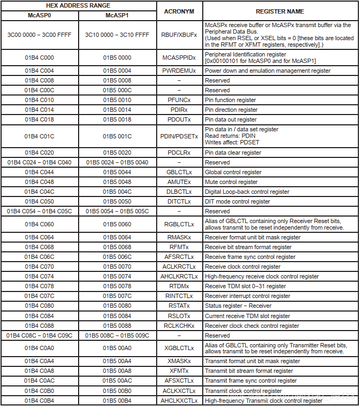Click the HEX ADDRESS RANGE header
(78, 5)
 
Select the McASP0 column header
(39, 16)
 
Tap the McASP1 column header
(117, 16)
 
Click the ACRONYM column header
(179, 11)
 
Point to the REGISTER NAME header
(280, 11)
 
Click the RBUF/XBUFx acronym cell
(179, 35)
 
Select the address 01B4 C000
(39, 58)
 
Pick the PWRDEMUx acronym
(179, 71)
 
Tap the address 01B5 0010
(117, 100)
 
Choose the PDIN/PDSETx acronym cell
(179, 136)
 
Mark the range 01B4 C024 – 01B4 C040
(39, 162)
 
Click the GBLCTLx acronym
(179, 172)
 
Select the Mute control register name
(231, 182)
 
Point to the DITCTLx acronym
(179, 201)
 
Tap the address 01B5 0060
(117, 224)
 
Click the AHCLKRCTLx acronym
(179, 276)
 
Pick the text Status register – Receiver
(238, 306)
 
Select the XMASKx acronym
(179, 361)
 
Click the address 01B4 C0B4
(39, 401)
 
